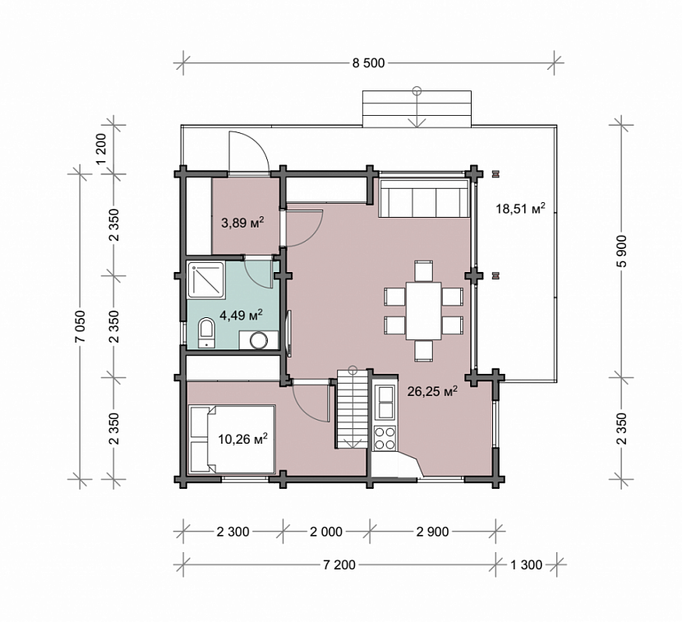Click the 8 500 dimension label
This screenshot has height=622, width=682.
pos(368,63)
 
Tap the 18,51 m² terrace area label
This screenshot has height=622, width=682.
pos(521,209)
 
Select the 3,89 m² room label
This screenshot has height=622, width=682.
pos(243,223)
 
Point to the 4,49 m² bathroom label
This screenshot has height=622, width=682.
pos(241,315)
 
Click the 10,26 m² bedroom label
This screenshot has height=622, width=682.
pos(242,439)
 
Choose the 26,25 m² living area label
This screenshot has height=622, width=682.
pos(432,391)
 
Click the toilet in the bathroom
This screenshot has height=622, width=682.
pos(206,334)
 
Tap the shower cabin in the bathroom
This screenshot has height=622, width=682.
pos(206,279)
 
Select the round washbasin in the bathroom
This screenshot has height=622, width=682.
pos(259,340)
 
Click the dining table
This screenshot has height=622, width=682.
pos(424,311)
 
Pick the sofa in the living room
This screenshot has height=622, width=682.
pos(424,198)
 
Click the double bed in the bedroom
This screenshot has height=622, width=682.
pos(233,440)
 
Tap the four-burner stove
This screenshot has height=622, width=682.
pos(385,438)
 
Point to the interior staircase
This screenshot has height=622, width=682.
pos(353,409)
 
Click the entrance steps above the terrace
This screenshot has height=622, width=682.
pos(417,108)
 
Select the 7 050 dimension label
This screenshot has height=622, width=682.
pos(80,327)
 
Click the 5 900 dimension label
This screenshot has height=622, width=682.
pos(621,251)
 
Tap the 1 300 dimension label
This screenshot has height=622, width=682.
pos(526,565)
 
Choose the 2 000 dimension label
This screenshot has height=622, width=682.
pos(326,532)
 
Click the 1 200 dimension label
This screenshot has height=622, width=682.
pos(101,149)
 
